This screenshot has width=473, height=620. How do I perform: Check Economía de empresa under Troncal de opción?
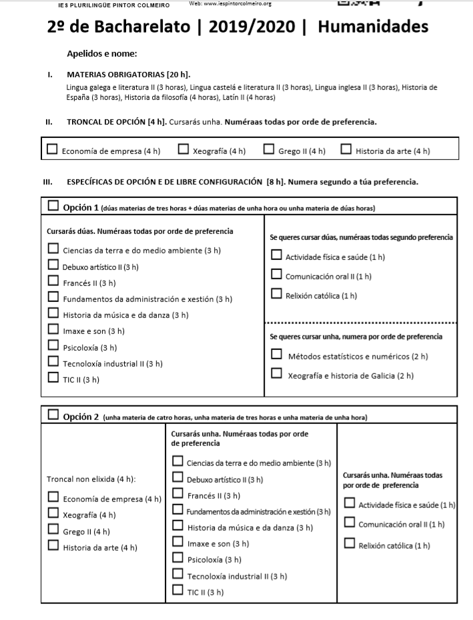click(x=52, y=149)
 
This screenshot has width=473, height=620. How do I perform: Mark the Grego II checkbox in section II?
click(x=268, y=149)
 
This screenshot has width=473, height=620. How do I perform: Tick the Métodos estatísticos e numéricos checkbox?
click(x=276, y=354)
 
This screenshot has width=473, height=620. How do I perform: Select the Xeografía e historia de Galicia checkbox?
click(x=276, y=375)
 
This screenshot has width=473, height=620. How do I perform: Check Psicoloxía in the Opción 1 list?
click(x=53, y=346)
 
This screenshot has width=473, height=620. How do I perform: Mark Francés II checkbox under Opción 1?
click(x=53, y=282)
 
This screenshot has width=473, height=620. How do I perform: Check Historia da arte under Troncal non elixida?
click(x=53, y=546)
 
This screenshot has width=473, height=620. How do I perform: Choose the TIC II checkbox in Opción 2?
click(x=177, y=589)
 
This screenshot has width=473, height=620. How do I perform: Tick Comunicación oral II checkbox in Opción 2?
click(x=349, y=523)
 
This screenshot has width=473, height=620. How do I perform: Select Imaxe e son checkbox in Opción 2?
click(x=177, y=543)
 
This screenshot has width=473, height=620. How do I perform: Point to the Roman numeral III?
click(x=47, y=182)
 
